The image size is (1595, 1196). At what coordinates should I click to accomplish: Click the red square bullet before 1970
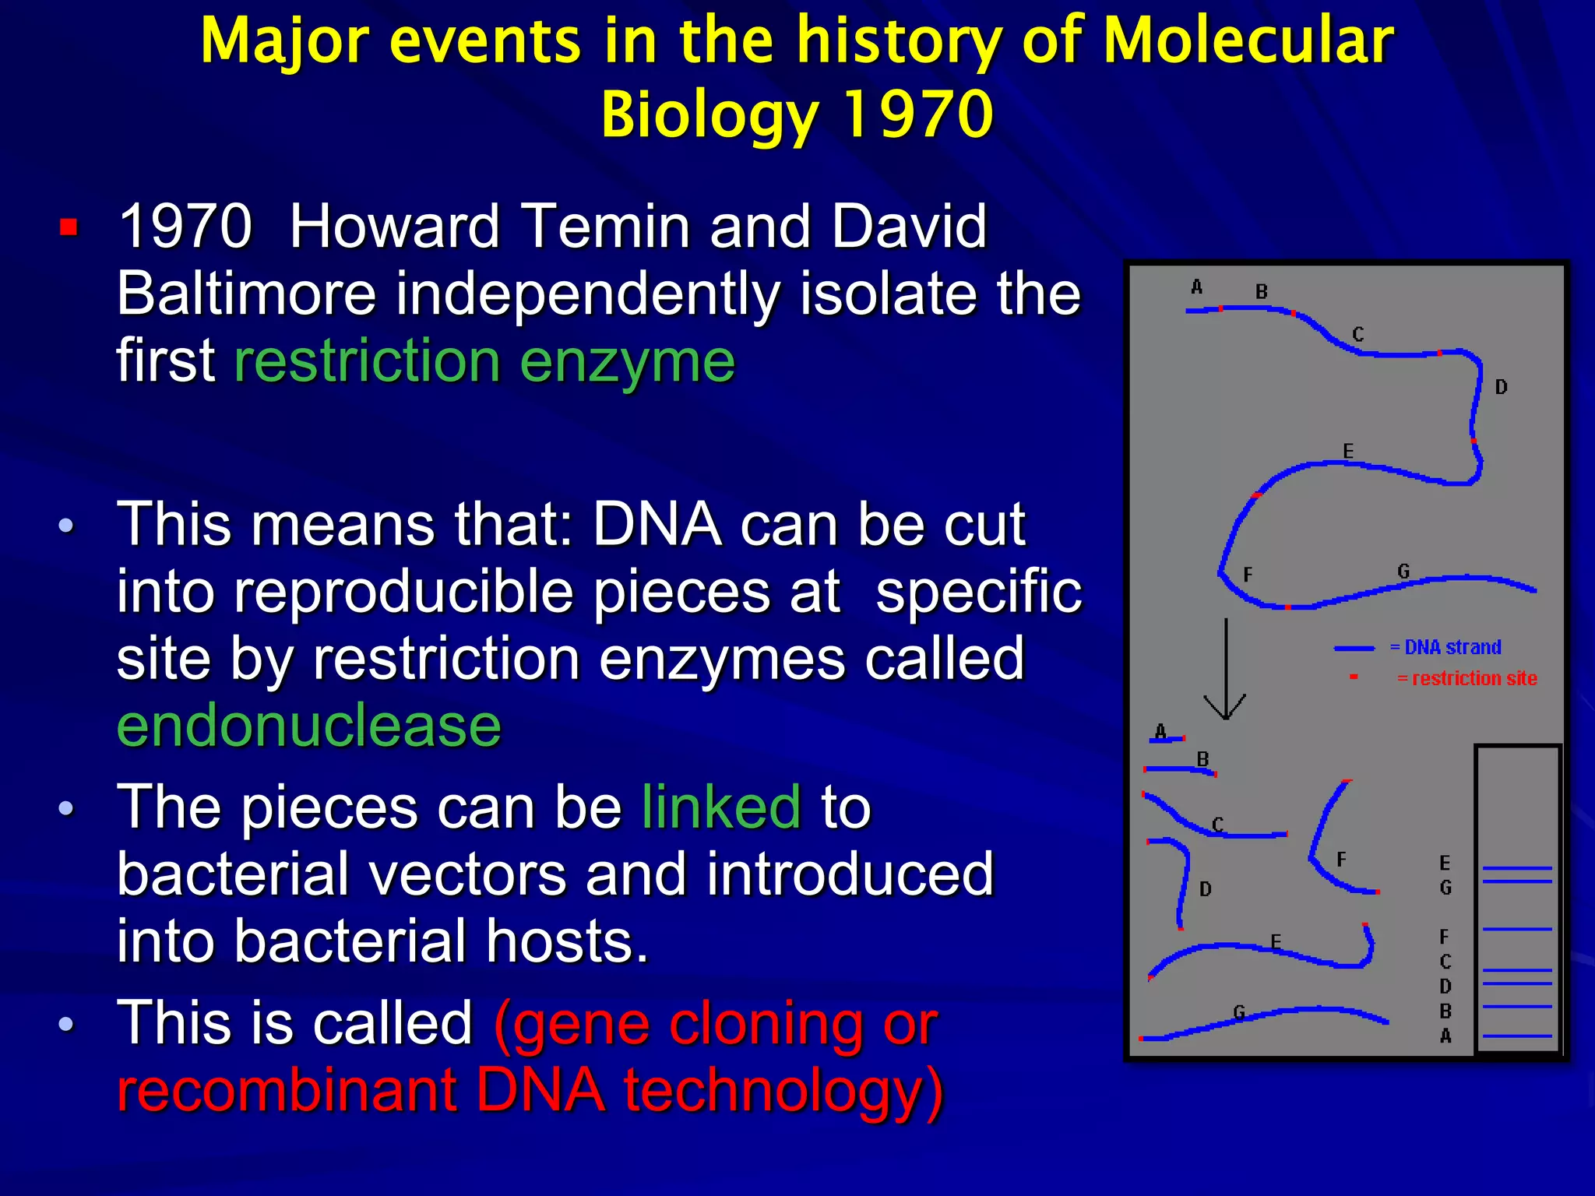pos(69,227)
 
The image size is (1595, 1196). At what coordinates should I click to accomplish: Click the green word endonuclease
pos(308,726)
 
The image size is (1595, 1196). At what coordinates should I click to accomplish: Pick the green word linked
pos(721,807)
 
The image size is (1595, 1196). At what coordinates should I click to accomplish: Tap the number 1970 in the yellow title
pos(917,114)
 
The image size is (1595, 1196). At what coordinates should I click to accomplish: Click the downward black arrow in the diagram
pos(1226,670)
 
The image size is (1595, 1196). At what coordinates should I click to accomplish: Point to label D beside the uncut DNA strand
pos(1501,387)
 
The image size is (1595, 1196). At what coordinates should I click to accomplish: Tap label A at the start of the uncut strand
pos(1197,287)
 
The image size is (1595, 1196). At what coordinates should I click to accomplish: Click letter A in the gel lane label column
pos(1445,1036)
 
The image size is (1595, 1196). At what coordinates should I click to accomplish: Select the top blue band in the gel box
pos(1517,867)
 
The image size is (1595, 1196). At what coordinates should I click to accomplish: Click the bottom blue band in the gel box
pos(1517,1036)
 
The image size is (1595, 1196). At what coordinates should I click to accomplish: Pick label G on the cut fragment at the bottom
pos(1239,1012)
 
